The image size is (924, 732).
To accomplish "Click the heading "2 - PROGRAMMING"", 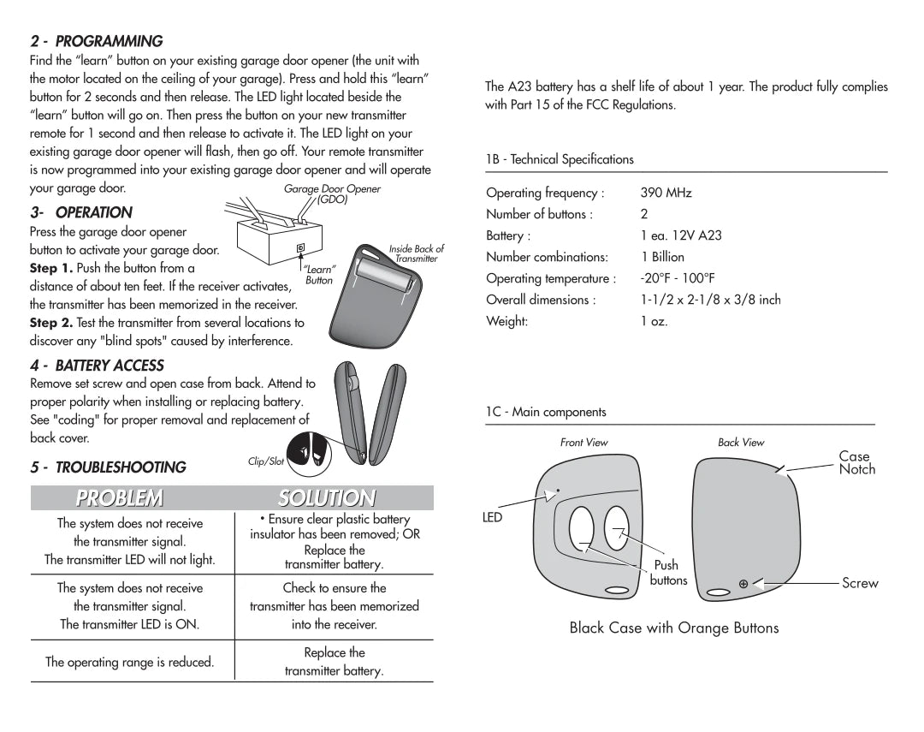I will [x=96, y=41].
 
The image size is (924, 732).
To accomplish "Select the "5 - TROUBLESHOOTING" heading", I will [x=108, y=467].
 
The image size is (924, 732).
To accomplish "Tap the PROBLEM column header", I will [x=119, y=498].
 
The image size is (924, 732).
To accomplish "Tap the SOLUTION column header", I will [x=326, y=498].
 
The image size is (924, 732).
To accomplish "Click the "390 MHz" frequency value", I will [x=666, y=193].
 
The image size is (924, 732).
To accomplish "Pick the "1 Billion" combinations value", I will [x=662, y=257].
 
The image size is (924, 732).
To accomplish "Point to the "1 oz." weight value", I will [x=654, y=321].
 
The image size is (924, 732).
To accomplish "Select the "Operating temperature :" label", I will [x=551, y=278].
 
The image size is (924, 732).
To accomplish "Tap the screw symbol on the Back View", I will [x=743, y=584].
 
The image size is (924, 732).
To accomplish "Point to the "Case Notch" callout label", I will [x=856, y=463].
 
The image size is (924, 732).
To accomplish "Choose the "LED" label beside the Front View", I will [x=493, y=518].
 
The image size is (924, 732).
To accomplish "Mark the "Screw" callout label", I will [x=860, y=583].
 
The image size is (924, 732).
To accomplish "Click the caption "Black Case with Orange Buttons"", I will [x=674, y=628].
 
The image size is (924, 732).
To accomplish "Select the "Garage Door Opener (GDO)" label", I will [x=332, y=194].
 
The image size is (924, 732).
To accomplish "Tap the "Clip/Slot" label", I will [x=265, y=461].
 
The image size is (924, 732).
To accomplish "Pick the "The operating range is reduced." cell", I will [x=129, y=662].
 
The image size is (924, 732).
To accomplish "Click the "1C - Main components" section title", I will [x=546, y=412].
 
